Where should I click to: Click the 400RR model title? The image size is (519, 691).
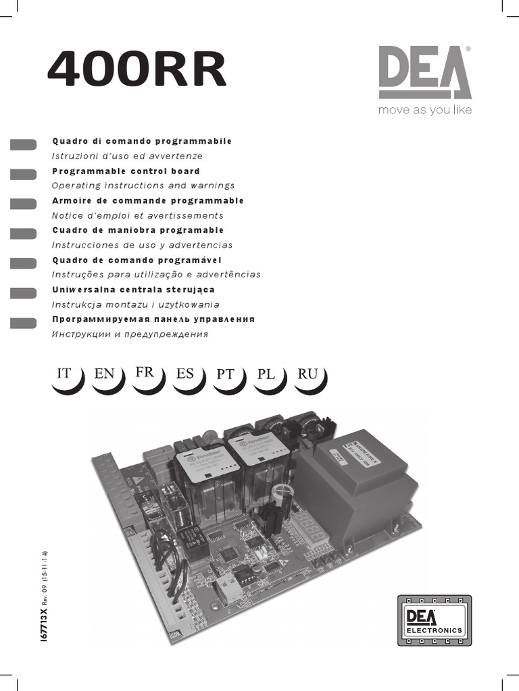click(136, 71)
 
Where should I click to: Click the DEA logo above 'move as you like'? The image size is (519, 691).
click(424, 72)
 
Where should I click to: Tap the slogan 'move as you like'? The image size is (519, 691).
click(424, 110)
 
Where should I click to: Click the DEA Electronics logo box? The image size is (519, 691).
click(434, 619)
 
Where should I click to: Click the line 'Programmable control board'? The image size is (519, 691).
click(126, 171)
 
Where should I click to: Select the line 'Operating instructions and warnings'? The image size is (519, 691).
click(143, 186)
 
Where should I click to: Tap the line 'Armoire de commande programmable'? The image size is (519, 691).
click(148, 200)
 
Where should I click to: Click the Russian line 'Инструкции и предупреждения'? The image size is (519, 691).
click(130, 334)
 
